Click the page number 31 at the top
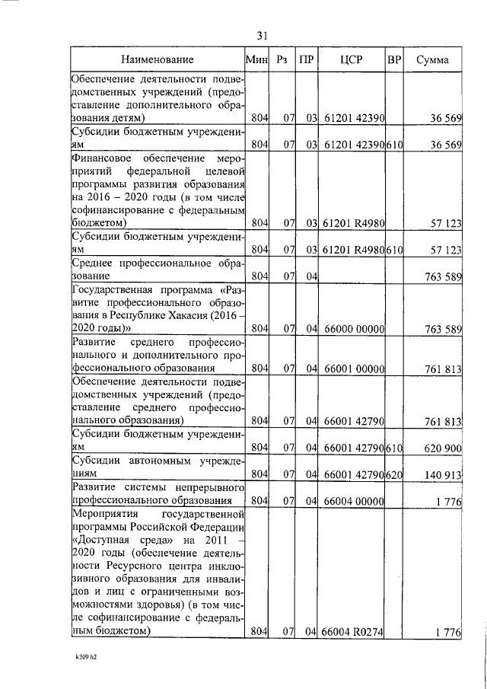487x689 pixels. point(262,36)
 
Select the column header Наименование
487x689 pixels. point(156,59)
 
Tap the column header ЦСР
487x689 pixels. point(352,59)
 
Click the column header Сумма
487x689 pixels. point(431,59)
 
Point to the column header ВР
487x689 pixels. point(394,59)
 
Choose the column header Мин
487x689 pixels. point(259,59)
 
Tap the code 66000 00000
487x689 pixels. point(354,329)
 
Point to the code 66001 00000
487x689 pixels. point(354,369)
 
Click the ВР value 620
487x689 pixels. point(394,474)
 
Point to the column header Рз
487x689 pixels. point(282,59)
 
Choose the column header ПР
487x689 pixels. point(305,59)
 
